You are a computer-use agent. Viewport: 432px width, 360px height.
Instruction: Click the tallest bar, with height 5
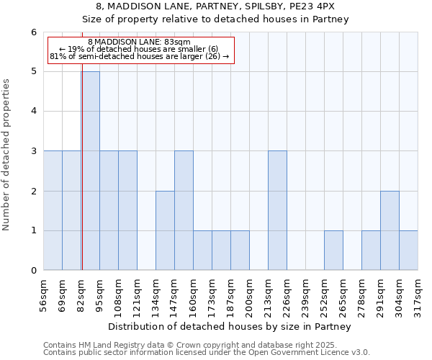(91, 171)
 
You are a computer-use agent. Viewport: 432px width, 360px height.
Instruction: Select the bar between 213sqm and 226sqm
(277, 210)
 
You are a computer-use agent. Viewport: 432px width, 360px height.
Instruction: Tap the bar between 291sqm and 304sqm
(390, 230)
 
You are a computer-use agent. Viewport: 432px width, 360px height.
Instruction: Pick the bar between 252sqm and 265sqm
(333, 250)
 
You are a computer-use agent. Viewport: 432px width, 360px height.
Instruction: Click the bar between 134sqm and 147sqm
(165, 230)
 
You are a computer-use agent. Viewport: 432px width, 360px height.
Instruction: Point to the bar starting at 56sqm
(53, 210)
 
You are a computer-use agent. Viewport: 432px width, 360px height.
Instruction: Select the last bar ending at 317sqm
(408, 250)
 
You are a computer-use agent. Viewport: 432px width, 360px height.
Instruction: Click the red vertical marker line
(81, 180)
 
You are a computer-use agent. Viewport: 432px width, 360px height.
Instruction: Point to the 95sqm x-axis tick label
(100, 292)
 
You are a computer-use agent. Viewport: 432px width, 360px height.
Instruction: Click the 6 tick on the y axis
(33, 32)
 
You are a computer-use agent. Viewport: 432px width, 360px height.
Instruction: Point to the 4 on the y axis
(33, 112)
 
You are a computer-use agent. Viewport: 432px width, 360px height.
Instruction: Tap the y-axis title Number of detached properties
(6, 155)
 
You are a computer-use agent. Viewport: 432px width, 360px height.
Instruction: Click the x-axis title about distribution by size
(230, 327)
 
